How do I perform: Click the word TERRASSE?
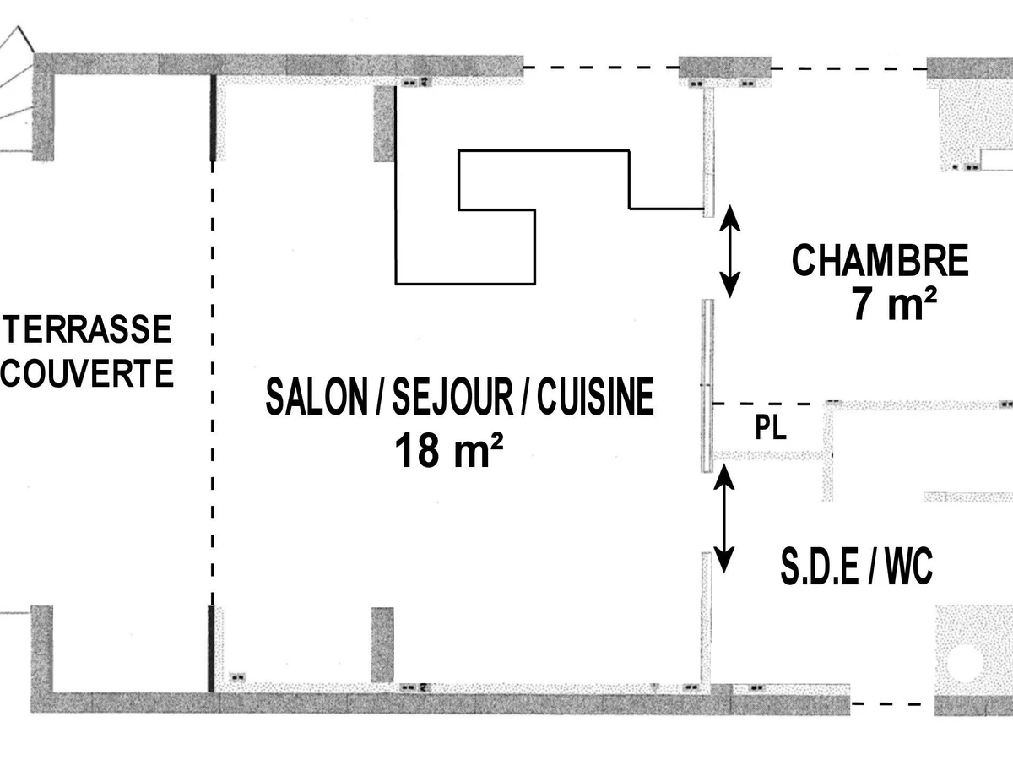click(x=88, y=329)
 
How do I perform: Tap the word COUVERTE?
click(x=87, y=373)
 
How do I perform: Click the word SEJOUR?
click(x=452, y=397)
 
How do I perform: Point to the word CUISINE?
click(x=595, y=397)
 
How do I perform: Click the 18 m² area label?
click(x=448, y=450)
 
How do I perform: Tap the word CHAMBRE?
click(x=880, y=261)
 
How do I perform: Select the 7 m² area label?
click(x=894, y=304)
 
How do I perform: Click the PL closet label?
click(x=771, y=428)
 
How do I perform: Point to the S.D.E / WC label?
click(x=857, y=567)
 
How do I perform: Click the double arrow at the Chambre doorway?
click(x=730, y=252)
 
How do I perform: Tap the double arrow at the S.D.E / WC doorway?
click(x=724, y=518)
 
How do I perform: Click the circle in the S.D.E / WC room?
click(x=964, y=664)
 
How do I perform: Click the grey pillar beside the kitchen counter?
click(x=384, y=123)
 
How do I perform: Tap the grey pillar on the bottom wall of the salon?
click(x=382, y=645)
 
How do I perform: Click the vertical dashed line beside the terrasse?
click(x=212, y=383)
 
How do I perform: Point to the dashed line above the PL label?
click(x=769, y=404)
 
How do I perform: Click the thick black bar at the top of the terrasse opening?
click(x=214, y=118)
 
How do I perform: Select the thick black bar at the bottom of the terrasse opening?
click(x=211, y=649)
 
